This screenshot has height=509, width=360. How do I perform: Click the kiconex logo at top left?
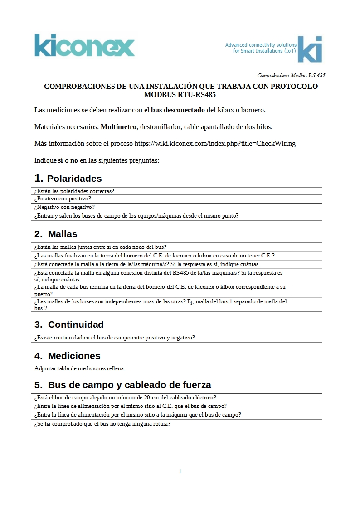click(85, 45)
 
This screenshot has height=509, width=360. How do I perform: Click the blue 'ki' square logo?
click(310, 49)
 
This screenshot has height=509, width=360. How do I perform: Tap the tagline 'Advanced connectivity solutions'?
click(261, 45)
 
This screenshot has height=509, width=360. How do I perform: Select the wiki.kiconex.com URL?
click(215, 144)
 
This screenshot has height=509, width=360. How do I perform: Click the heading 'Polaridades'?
click(74, 179)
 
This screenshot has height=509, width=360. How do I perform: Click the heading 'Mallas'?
click(63, 234)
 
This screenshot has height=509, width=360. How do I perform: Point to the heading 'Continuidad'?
click(76, 325)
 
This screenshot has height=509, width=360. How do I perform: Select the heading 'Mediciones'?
click(74, 356)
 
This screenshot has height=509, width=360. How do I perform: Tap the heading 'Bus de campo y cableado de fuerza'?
click(129, 385)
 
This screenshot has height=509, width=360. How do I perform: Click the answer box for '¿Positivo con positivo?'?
click(307, 199)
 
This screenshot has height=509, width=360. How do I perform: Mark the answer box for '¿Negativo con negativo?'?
click(307, 208)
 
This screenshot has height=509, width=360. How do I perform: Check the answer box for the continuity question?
click(307, 338)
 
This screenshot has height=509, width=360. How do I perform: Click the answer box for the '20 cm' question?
click(307, 398)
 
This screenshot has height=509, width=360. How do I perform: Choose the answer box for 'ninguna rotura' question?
click(307, 424)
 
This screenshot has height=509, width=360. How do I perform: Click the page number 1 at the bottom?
click(180, 471)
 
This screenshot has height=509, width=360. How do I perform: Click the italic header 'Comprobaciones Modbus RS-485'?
click(291, 75)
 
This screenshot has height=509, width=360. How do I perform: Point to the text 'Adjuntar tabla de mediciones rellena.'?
click(80, 368)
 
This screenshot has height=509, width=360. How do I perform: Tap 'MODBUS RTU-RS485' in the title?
click(180, 95)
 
